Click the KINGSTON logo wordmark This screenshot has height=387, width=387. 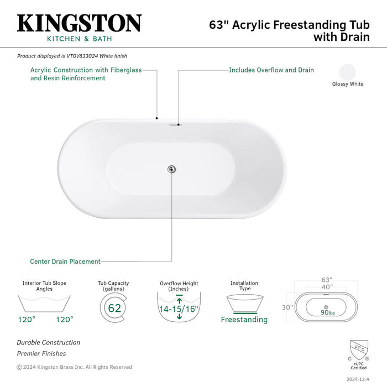click(x=80, y=23)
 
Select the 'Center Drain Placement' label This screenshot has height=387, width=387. click(x=65, y=262)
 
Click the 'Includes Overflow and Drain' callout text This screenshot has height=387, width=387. click(x=271, y=70)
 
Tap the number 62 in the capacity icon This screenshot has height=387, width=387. click(x=114, y=308)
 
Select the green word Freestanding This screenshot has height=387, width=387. click(x=244, y=320)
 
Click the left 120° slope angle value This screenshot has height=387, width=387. click(x=26, y=319)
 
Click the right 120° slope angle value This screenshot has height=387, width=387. click(x=64, y=319)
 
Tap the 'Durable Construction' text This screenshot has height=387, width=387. click(x=49, y=343)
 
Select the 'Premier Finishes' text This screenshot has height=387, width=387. click(x=41, y=353)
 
